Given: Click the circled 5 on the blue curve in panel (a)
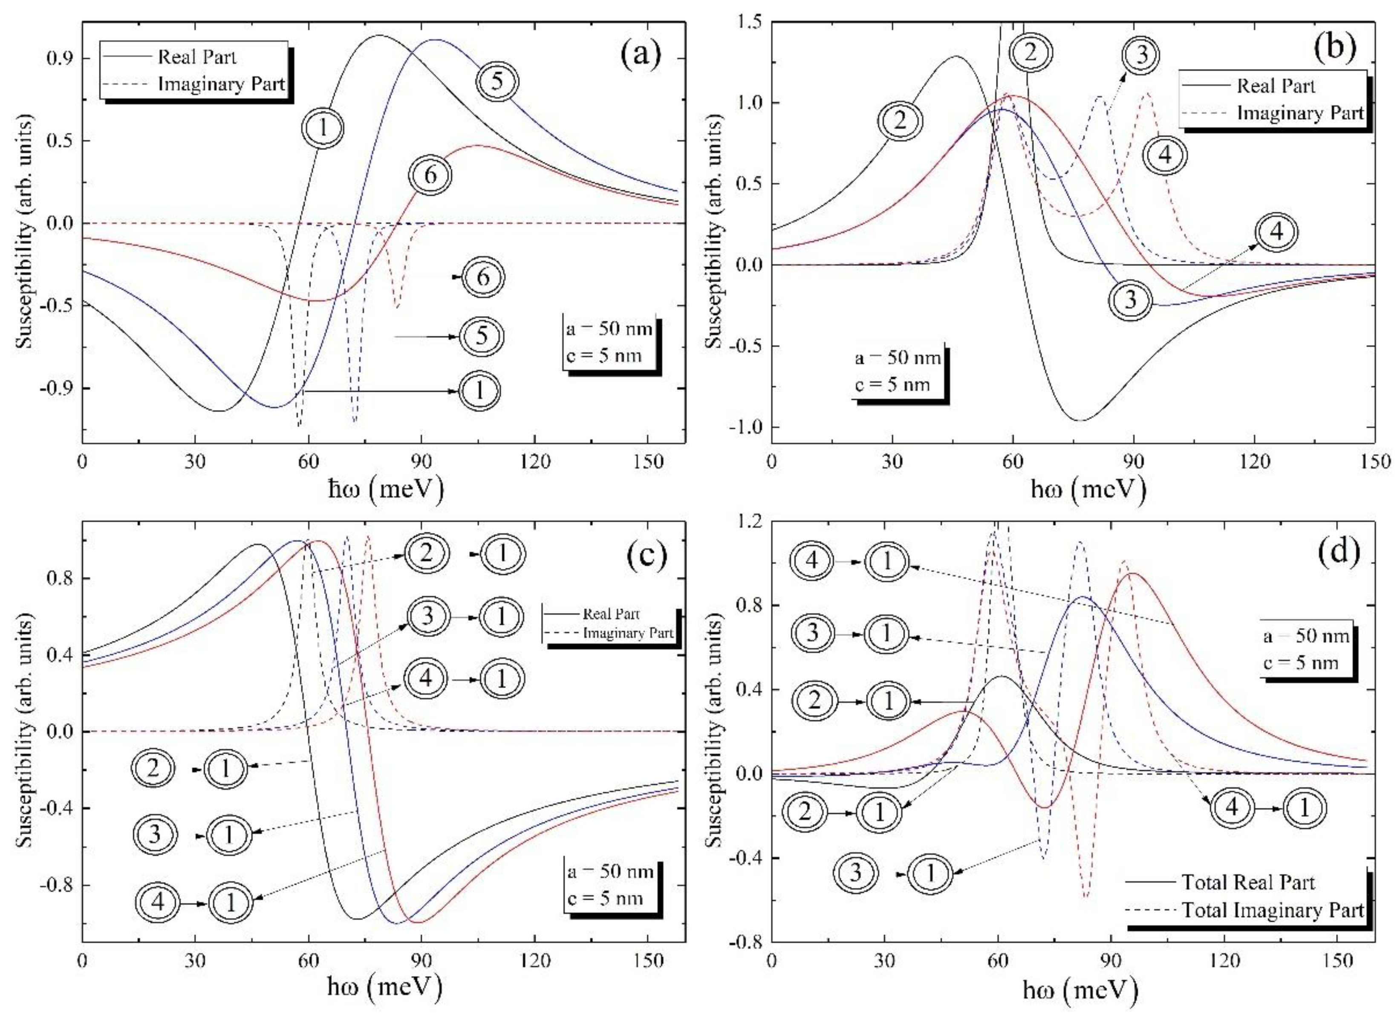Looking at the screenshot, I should [497, 81].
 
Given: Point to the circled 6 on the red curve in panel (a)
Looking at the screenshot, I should [430, 176].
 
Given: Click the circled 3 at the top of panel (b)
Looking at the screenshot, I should [1141, 55].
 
